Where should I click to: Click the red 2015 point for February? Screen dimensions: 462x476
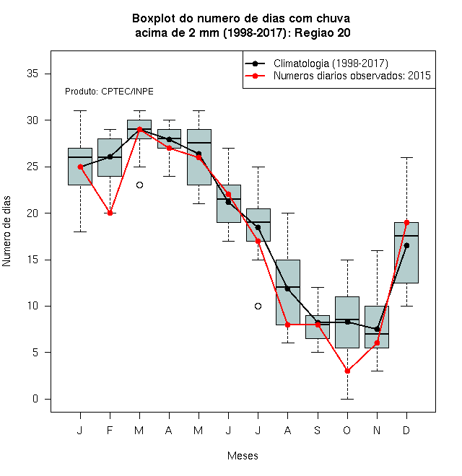click(110, 213)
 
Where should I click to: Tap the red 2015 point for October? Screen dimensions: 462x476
click(347, 371)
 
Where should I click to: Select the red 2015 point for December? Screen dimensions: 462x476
click(406, 223)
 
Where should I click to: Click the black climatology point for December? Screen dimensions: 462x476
click(406, 246)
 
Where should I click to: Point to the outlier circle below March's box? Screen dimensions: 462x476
click(139, 185)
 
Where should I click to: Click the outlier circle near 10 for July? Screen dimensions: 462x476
click(258, 306)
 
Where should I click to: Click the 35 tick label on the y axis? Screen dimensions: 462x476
click(32, 74)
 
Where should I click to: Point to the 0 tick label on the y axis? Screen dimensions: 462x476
click(35, 399)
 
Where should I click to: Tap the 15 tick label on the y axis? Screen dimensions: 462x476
click(32, 260)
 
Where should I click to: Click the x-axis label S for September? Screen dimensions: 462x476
click(318, 430)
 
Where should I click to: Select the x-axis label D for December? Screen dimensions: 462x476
click(406, 430)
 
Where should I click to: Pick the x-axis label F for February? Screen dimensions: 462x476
click(110, 430)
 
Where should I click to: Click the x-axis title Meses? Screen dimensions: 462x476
click(243, 456)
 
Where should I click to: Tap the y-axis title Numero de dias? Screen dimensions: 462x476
click(6, 232)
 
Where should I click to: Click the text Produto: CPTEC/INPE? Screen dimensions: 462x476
click(109, 92)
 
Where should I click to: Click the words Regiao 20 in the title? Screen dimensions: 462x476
click(323, 32)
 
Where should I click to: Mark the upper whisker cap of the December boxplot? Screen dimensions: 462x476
click(406, 157)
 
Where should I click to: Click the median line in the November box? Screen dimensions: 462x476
click(378, 334)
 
